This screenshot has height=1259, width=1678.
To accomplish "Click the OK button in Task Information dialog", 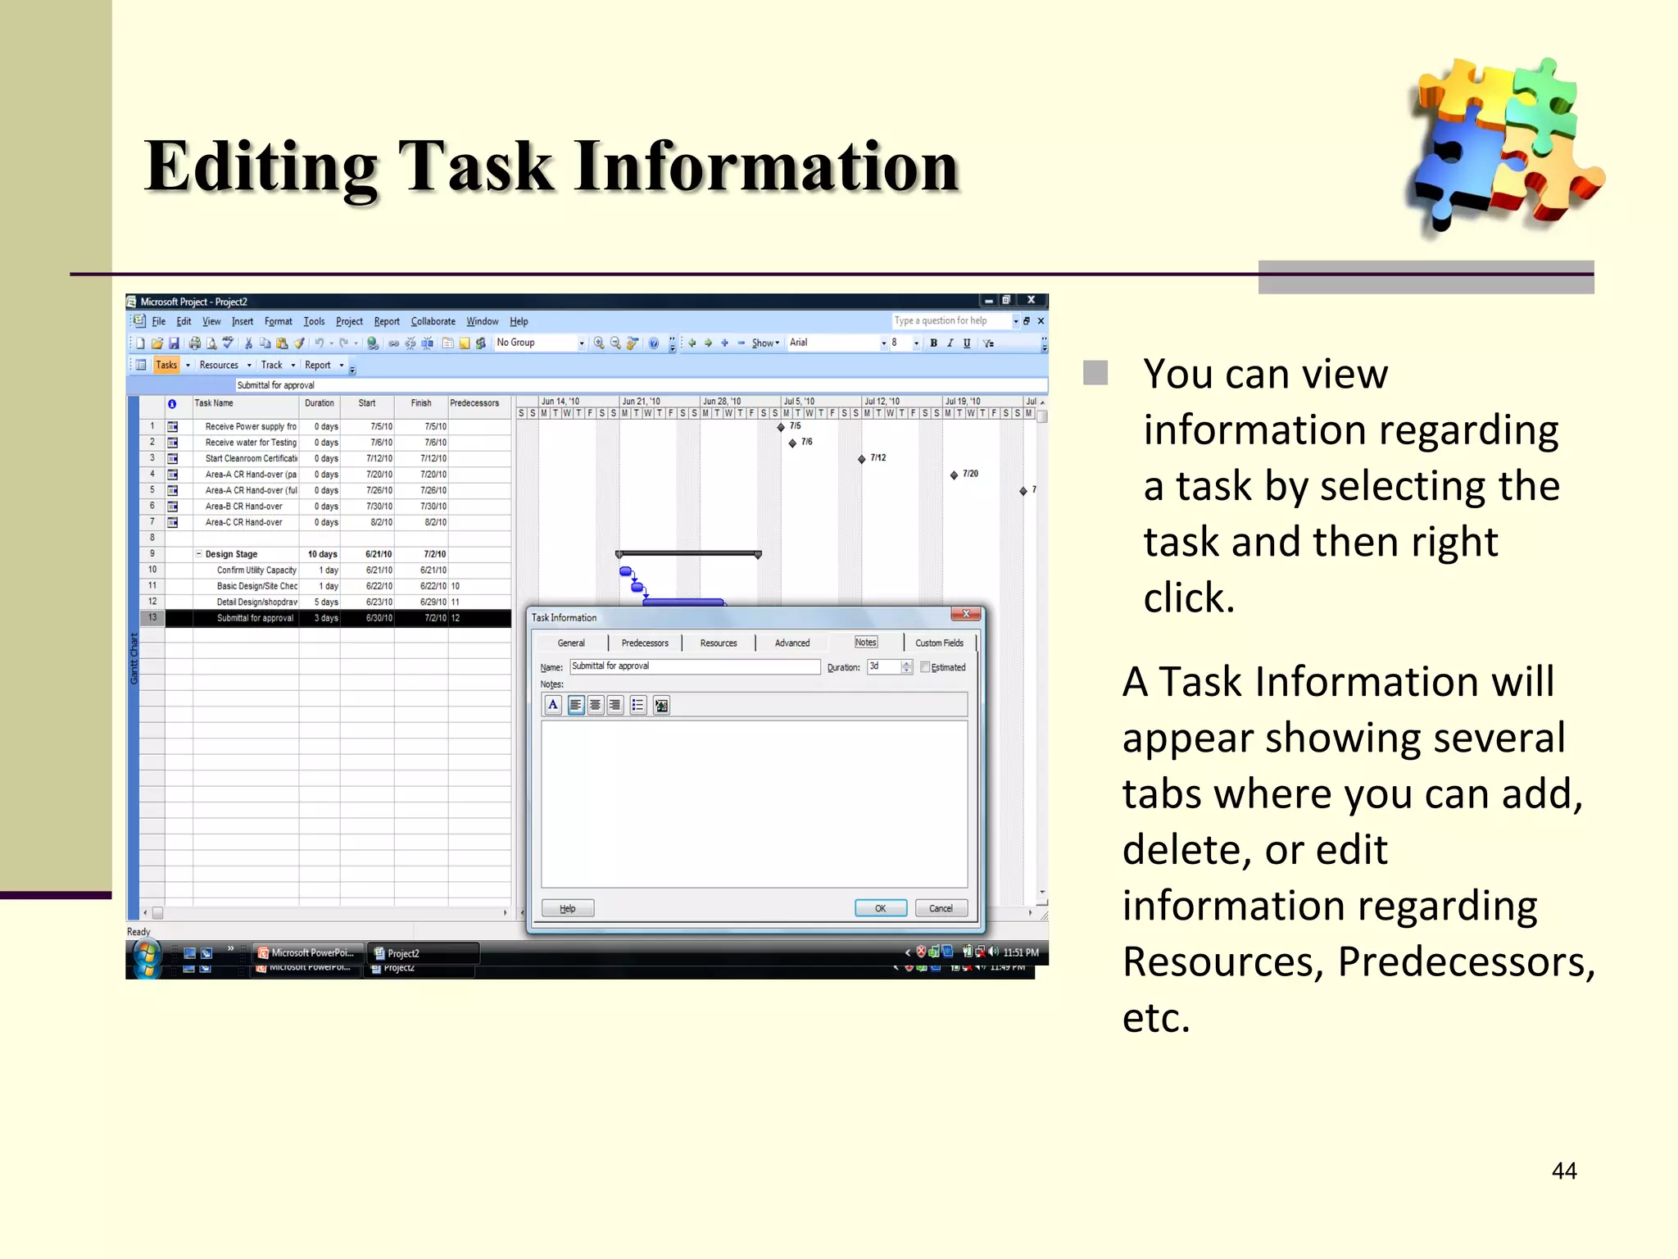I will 880,908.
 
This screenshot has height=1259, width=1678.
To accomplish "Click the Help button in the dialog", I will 567,908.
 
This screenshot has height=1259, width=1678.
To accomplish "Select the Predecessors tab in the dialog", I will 645,643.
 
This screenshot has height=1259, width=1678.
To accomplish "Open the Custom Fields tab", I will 939,643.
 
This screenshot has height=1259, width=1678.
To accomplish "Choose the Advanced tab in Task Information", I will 791,643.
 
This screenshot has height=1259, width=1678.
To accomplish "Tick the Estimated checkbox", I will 925,667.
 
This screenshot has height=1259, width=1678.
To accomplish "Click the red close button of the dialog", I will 966,614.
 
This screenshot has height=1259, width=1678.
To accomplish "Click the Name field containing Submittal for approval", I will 694,666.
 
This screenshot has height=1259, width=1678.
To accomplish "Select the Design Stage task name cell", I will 232,554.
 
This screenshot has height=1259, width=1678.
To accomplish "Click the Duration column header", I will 319,403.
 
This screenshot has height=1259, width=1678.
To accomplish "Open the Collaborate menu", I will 433,321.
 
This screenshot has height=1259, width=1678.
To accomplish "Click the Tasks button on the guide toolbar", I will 166,365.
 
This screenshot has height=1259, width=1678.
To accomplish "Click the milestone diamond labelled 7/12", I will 861,459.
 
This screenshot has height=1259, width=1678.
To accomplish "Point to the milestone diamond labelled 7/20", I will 954,475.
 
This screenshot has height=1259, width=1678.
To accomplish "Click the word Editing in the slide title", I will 261,167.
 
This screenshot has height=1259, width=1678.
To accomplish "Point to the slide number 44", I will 1563,1170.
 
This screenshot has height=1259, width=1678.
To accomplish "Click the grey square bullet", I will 1095,373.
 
